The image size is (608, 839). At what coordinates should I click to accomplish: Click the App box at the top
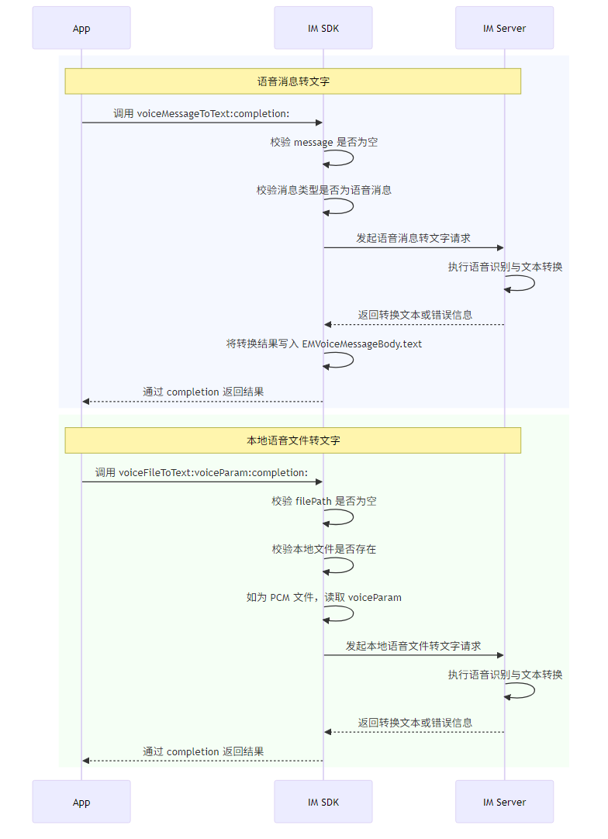tap(81, 29)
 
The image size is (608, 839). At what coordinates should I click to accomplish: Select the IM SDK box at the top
tap(323, 29)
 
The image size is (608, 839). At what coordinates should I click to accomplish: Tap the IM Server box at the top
tap(504, 29)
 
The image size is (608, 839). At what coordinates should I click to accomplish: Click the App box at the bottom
tap(81, 803)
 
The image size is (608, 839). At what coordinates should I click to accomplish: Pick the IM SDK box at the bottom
tap(323, 803)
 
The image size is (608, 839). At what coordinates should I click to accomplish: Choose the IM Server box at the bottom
tap(504, 803)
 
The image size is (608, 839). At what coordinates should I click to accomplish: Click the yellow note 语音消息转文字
tap(292, 81)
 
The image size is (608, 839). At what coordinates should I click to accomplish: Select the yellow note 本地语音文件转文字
tap(292, 440)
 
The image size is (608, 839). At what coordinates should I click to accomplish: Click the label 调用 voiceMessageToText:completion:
tap(202, 113)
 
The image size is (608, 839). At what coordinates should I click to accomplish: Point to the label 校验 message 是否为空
tap(324, 142)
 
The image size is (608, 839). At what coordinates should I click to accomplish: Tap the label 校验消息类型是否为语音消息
tap(324, 190)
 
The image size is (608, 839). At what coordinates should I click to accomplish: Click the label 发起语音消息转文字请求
tap(413, 238)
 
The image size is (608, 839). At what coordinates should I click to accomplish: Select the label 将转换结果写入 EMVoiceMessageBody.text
tap(324, 344)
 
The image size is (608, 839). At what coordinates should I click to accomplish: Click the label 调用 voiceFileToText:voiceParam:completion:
tap(202, 472)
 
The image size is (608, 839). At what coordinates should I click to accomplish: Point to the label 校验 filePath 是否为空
tap(324, 501)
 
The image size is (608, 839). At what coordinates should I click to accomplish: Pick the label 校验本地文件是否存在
tap(324, 549)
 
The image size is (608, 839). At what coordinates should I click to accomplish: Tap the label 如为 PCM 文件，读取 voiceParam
tap(324, 597)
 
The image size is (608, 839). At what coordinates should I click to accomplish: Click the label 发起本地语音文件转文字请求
tap(413, 645)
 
